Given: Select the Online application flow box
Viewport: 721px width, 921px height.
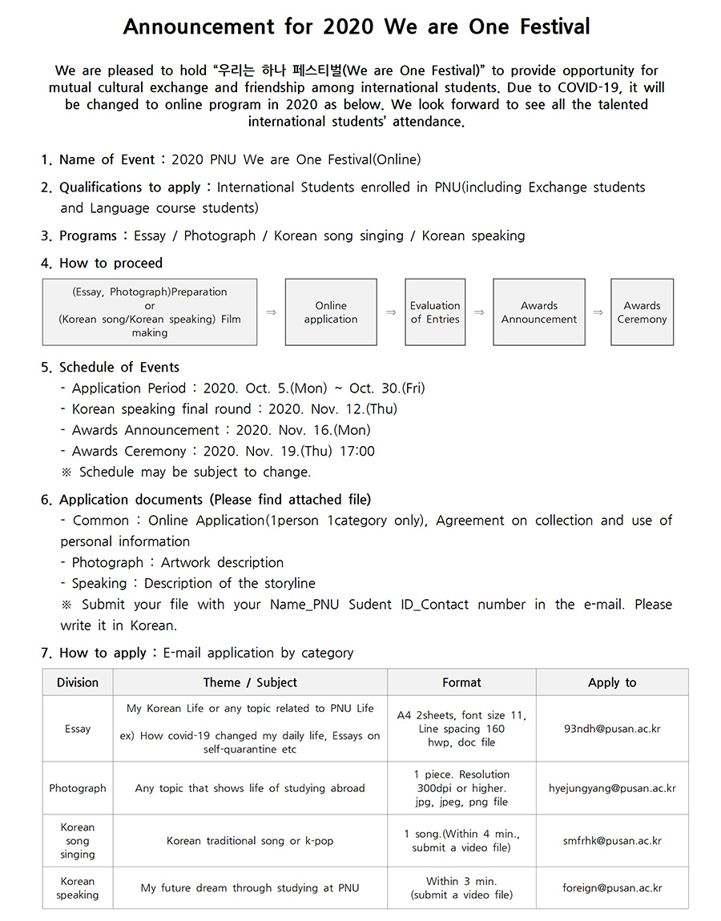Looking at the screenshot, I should pos(331,312).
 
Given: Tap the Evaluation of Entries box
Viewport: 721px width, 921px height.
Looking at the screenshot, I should pos(435,312).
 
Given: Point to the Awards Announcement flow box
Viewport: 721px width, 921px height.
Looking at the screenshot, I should pos(539,312).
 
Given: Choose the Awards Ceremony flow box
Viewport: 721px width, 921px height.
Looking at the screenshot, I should pos(642,312).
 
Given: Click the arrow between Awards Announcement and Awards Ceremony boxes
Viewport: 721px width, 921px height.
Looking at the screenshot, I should pos(598,312).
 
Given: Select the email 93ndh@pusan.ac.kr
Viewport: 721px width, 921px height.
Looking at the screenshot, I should pos(612,729).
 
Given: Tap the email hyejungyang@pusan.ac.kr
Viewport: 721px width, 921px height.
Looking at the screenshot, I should pos(612,788).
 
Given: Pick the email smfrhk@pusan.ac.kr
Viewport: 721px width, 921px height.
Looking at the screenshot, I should pos(612,841).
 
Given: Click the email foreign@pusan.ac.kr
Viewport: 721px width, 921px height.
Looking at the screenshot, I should pos(612,888).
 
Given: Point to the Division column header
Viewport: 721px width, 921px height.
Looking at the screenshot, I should pos(78,682).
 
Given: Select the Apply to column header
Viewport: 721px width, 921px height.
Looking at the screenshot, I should pos(612,682).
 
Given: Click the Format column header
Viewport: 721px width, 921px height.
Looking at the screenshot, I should pos(461,682).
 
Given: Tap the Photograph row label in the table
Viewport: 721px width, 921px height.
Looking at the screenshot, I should pos(78,788).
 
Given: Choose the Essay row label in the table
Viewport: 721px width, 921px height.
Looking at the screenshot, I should pos(78,729).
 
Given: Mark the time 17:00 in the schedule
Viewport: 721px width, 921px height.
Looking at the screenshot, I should pos(356,451).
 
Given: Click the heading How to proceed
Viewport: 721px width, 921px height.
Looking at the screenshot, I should pos(111,263).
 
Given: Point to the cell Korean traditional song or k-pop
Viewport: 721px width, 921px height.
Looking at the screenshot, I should pos(250,841).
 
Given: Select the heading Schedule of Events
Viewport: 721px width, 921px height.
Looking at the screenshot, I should pos(119,367).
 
